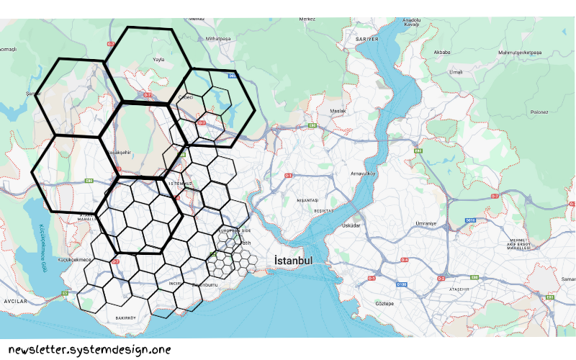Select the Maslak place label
pyautogui.click(x=338, y=111)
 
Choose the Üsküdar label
pyautogui.click(x=351, y=225)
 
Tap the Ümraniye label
pyautogui.click(x=426, y=223)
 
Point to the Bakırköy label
pyautogui.click(x=126, y=317)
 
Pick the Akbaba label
pyautogui.click(x=441, y=53)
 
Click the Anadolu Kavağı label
pyautogui.click(x=412, y=22)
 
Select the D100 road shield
pyautogui.click(x=402, y=285)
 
